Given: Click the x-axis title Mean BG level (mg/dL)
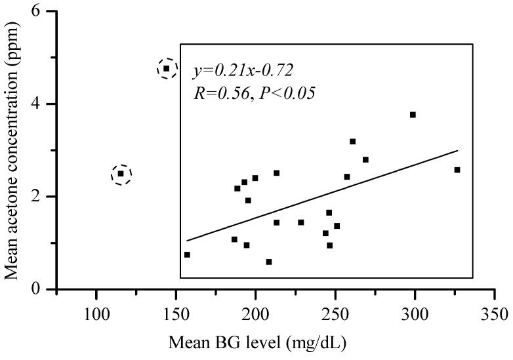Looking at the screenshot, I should coord(256,342).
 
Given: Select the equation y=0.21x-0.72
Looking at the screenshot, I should coord(243,70).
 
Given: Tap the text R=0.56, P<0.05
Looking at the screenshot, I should coord(254,93).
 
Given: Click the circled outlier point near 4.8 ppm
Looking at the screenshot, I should coord(167,68).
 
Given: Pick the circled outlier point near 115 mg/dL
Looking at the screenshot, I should coord(121,174).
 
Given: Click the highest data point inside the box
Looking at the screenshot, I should coord(413,115).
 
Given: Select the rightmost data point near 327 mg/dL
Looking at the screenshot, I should coord(457,170).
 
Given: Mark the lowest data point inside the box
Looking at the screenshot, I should coord(269,262).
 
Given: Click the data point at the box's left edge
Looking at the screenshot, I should coord(187,254).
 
